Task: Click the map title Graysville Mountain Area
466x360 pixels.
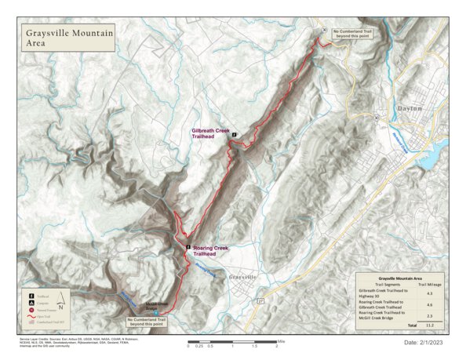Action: coord(69,38)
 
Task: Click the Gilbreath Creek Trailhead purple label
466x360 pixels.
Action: coord(210,133)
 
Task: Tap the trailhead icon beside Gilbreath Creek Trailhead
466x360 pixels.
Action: coord(234,135)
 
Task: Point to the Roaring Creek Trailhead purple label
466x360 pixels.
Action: coord(209,251)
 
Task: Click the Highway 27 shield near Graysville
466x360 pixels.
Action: coord(261,300)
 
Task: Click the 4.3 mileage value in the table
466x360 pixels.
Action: coord(429,293)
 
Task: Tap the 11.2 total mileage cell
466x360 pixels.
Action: coord(429,324)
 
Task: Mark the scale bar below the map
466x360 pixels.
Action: coord(232,342)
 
